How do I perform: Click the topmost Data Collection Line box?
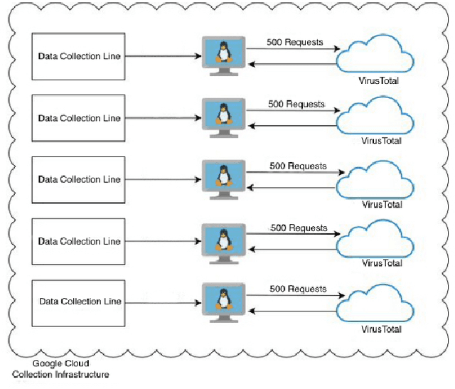click(x=79, y=55)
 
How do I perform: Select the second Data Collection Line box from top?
click(x=79, y=117)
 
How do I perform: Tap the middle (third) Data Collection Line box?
click(x=79, y=179)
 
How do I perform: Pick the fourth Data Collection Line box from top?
click(x=79, y=241)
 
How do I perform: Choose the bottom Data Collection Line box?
click(x=79, y=302)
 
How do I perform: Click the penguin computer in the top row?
click(x=224, y=55)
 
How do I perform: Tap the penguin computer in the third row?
click(x=224, y=178)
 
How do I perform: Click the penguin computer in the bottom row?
click(x=224, y=301)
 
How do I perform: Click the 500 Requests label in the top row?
click(x=295, y=42)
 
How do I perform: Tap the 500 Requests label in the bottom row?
click(x=298, y=289)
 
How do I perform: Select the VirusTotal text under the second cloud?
click(x=381, y=141)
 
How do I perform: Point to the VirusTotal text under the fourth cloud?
click(x=382, y=263)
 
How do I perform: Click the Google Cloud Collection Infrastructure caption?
click(x=60, y=368)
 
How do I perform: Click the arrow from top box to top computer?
click(x=163, y=55)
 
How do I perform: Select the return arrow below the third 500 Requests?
click(x=291, y=188)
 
